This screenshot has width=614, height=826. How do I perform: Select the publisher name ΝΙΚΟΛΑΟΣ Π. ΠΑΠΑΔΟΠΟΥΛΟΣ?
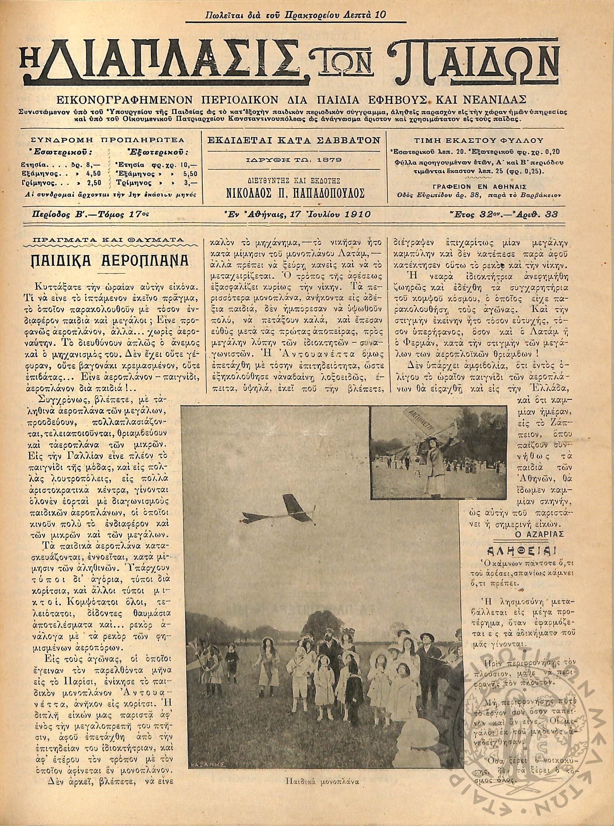[295, 193]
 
